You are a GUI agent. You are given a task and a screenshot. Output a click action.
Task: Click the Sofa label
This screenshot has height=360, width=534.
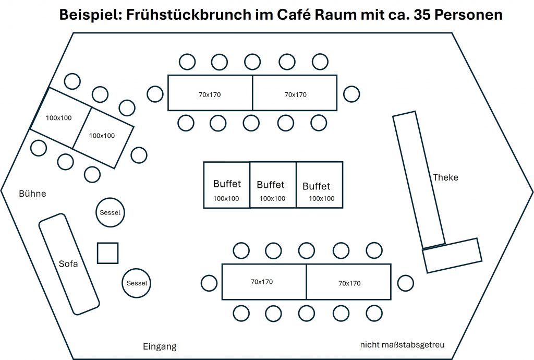[68, 264]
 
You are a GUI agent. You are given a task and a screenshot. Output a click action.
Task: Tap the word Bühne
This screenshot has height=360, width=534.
[32, 194]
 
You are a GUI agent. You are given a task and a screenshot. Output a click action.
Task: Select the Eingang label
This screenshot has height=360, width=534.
[160, 346]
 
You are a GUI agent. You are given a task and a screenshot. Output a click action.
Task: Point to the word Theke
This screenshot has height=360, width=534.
[445, 177]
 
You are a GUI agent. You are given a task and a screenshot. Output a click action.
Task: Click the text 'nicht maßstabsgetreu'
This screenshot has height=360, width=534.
[402, 345]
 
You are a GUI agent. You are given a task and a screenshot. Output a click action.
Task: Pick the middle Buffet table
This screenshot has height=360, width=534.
[273, 185]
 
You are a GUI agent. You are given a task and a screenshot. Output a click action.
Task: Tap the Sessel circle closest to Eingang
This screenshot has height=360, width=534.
[137, 283]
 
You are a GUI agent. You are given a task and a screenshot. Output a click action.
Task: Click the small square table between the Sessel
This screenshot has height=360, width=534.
[107, 253]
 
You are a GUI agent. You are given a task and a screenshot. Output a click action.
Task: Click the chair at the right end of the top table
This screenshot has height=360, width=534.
[351, 94]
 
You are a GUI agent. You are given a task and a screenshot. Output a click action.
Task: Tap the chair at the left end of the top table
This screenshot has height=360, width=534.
[155, 94]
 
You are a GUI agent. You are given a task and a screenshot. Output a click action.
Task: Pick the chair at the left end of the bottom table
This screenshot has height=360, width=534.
[209, 283]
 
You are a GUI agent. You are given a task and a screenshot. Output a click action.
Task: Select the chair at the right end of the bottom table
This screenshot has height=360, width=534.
[405, 283]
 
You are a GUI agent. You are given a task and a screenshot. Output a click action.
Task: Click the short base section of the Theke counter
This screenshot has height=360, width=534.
[452, 256]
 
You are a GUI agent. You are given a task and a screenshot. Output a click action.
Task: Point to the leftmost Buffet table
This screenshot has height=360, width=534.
[227, 185]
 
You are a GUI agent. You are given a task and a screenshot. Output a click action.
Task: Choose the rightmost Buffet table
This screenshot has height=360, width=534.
[319, 185]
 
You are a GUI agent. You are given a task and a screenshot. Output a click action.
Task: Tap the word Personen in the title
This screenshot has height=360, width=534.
[469, 15]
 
